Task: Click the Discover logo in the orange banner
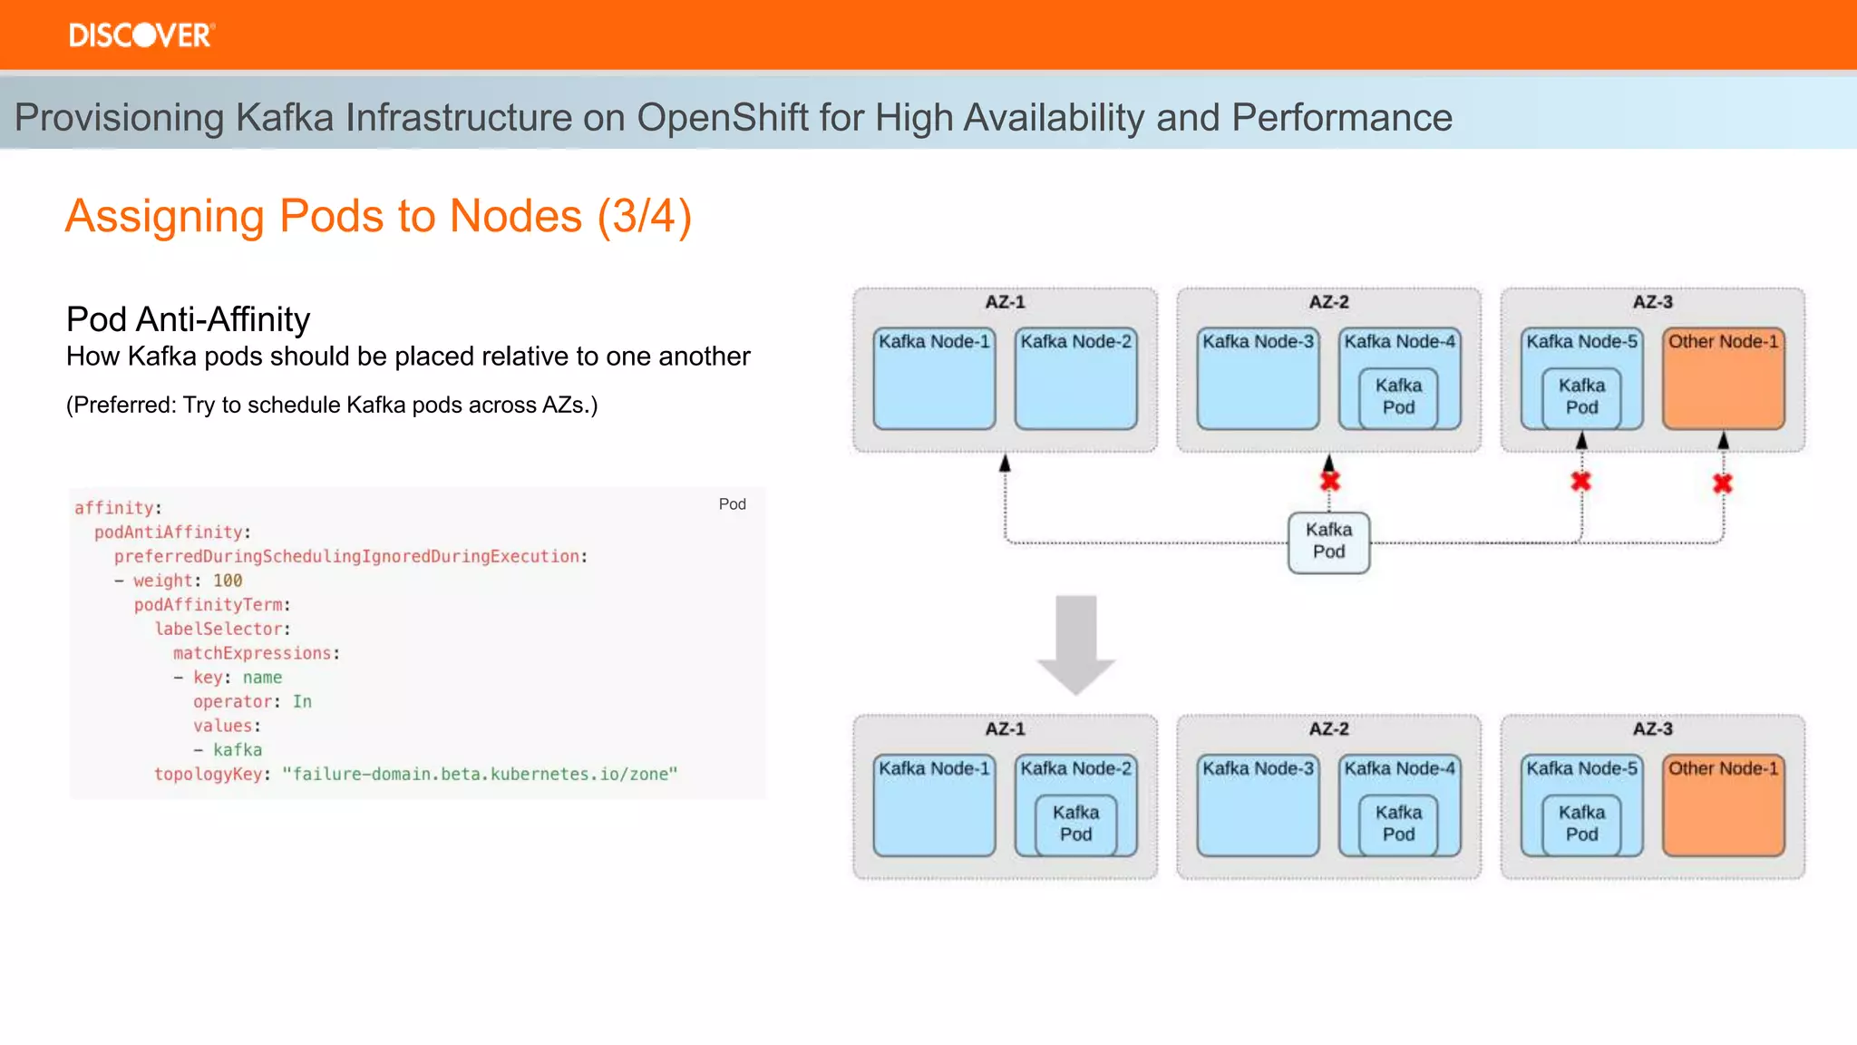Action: [141, 35]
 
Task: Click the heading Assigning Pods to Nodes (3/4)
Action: [378, 217]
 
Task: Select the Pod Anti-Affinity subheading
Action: [188, 319]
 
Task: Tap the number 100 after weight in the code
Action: [228, 581]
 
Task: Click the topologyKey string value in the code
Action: [480, 774]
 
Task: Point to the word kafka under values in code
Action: [238, 750]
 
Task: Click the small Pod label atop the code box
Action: [732, 504]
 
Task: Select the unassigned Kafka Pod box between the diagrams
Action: [1328, 542]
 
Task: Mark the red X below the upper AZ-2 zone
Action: [1330, 481]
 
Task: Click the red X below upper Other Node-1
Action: [1723, 483]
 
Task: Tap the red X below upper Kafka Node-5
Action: [1580, 482]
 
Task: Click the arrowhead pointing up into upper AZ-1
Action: [1005, 464]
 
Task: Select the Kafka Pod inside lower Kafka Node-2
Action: [1075, 823]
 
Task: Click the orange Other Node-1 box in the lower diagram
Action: [1723, 812]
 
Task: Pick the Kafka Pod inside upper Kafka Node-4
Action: [1398, 396]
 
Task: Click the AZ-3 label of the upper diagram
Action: [1652, 302]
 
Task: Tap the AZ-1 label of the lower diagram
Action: [1005, 729]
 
